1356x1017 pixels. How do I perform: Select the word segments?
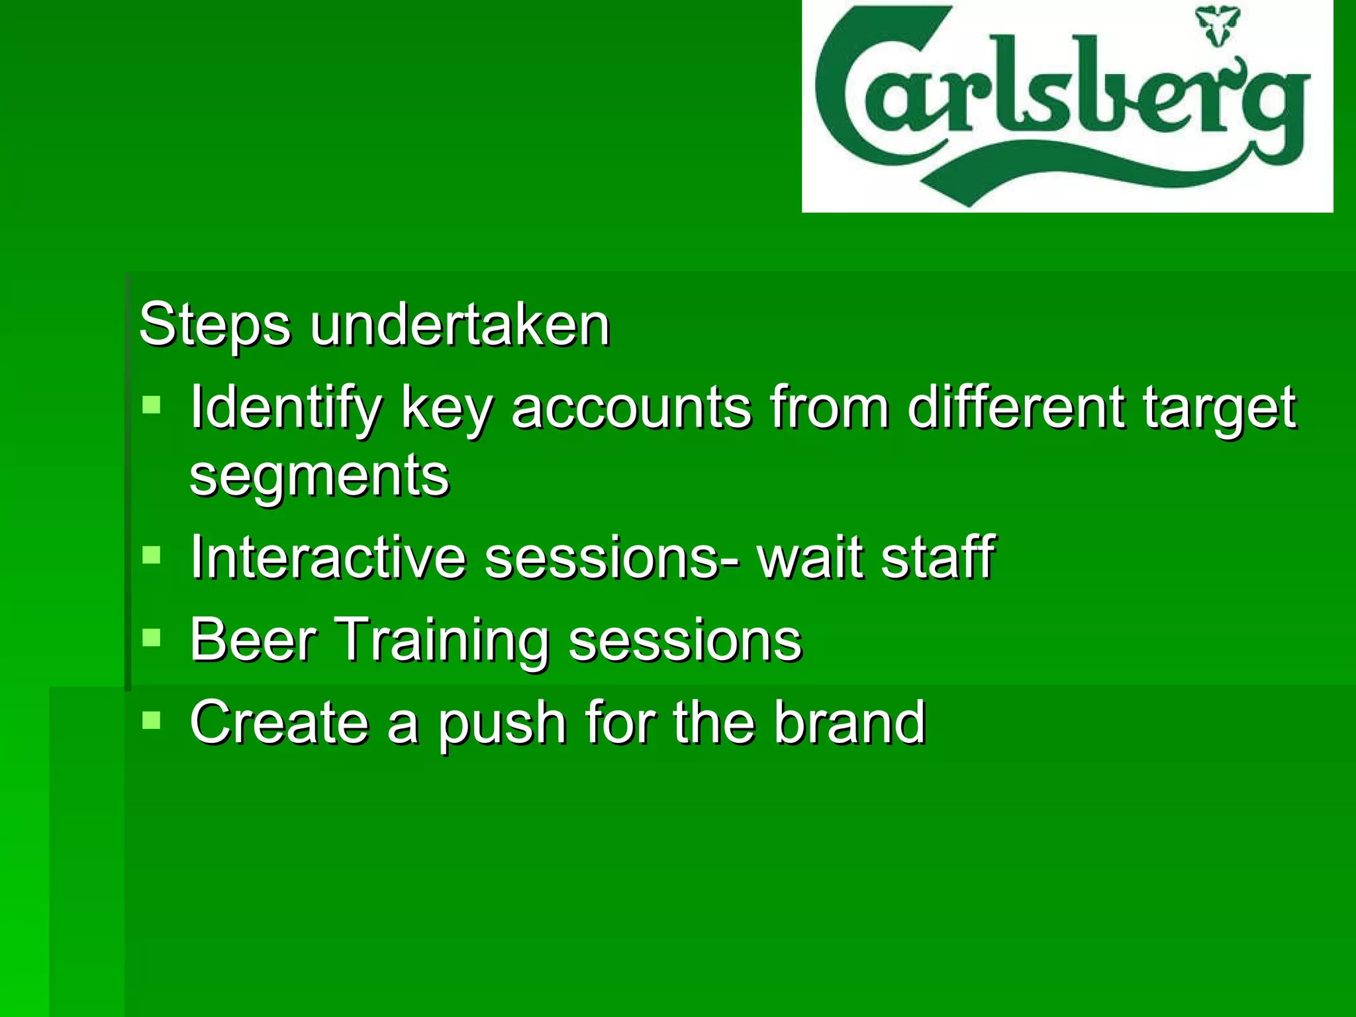[319, 475]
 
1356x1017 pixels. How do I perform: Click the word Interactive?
[328, 557]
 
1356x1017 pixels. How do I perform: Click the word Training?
[443, 641]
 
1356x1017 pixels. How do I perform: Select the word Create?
[279, 722]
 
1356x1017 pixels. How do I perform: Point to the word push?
[503, 725]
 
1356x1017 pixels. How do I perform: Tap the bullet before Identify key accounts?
[152, 405]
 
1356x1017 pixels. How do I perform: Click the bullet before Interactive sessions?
[152, 554]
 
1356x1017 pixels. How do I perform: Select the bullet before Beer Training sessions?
[152, 638]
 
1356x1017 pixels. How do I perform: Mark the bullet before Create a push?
[152, 720]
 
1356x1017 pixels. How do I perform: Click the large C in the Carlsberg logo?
[854, 99]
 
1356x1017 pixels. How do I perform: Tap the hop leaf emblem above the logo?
[1217, 25]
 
